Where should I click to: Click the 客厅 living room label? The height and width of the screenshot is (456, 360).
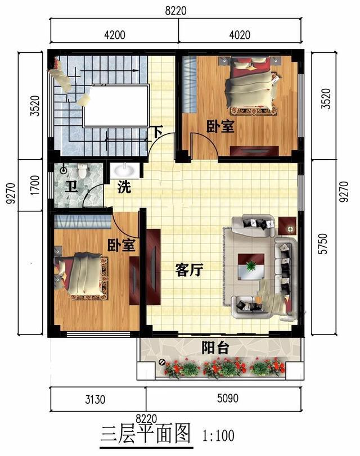coord(189,270)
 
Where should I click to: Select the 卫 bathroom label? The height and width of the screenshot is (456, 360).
coord(70,187)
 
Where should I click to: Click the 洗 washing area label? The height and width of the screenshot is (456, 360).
coord(124,187)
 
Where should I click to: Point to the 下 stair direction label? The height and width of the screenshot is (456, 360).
coord(158,133)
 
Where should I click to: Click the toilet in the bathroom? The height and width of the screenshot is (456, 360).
coord(83,170)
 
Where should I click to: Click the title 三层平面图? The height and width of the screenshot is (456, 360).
coord(146,435)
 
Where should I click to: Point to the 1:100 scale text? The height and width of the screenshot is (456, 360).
coord(217,435)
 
